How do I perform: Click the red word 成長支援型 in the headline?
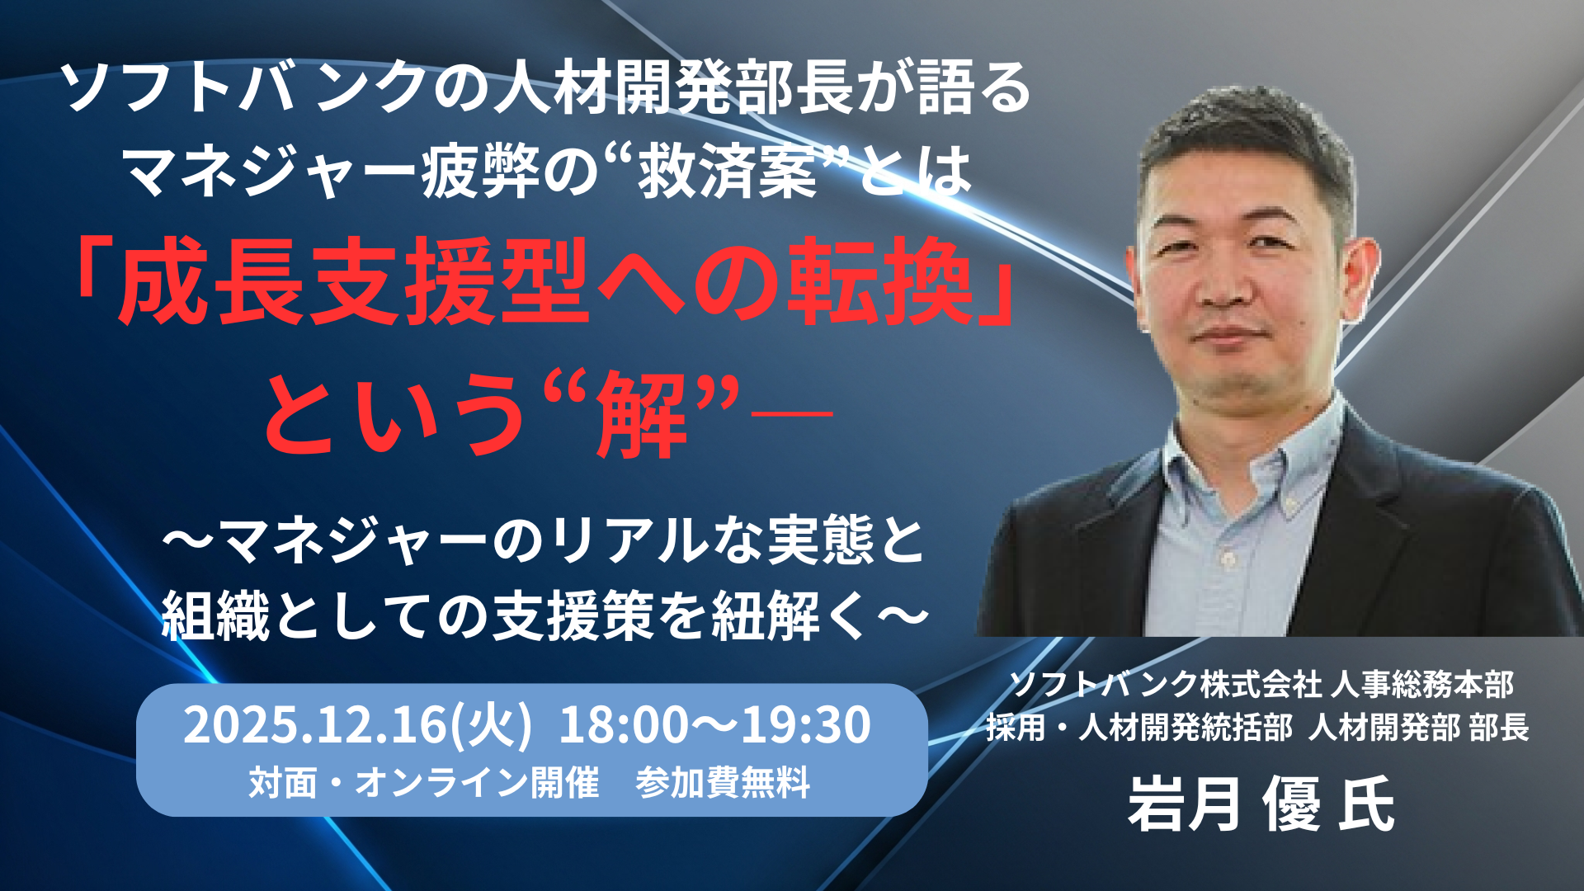pyautogui.click(x=355, y=283)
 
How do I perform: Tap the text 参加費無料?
pyautogui.click(x=723, y=783)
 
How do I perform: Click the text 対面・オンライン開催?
pyautogui.click(x=424, y=783)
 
